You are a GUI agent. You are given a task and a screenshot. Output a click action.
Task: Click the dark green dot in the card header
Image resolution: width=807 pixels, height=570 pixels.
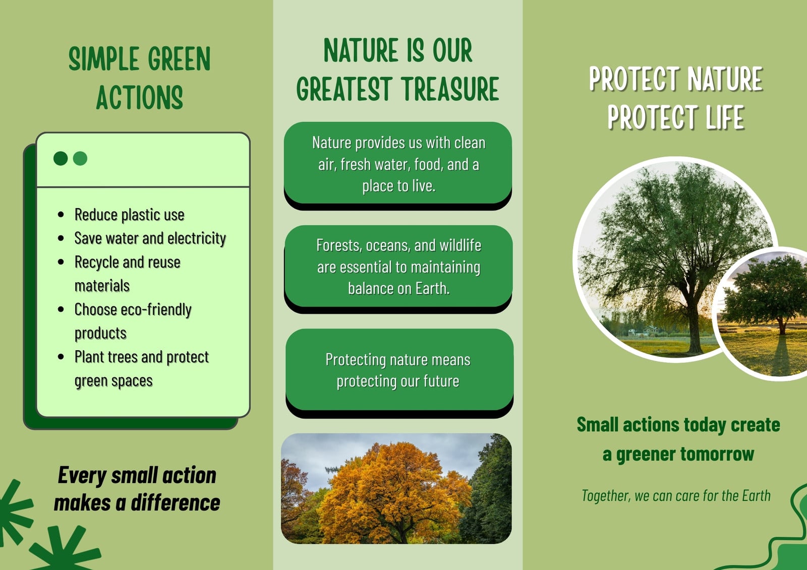click(x=61, y=158)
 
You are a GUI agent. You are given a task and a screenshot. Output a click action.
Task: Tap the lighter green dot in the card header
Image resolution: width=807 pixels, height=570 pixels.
click(x=80, y=158)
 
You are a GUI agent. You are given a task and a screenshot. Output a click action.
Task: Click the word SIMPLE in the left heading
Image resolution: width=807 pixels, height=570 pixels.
click(x=104, y=58)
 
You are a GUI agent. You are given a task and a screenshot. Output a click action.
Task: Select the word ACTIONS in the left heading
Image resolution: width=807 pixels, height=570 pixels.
click(x=139, y=97)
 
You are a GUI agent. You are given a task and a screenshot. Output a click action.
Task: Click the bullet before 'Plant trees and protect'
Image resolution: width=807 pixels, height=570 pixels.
click(x=61, y=357)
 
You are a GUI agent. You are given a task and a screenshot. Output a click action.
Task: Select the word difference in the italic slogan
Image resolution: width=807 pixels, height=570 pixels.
click(x=176, y=502)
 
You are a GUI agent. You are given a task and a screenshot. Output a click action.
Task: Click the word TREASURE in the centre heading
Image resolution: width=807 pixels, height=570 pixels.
click(x=450, y=89)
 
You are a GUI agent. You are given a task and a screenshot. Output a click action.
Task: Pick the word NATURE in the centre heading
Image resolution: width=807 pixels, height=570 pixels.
click(x=361, y=50)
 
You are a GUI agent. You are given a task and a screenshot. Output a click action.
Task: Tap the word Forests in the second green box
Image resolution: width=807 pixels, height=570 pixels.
click(x=333, y=245)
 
